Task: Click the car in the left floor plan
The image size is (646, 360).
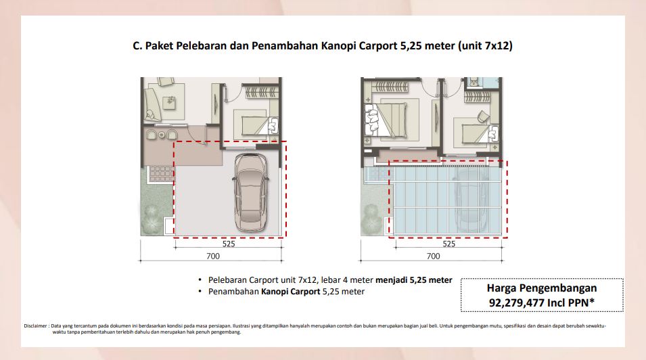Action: pyautogui.click(x=250, y=193)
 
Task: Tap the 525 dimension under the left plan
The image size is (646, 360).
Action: pyautogui.click(x=229, y=244)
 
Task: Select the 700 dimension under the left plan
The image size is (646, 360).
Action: pyautogui.click(x=213, y=256)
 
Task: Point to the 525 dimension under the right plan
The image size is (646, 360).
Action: pyautogui.click(x=449, y=244)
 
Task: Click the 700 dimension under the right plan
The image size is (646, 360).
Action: pyautogui.click(x=434, y=256)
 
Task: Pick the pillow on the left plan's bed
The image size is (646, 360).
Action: pyautogui.click(x=273, y=125)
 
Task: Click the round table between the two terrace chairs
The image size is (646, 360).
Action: pyautogui.click(x=162, y=135)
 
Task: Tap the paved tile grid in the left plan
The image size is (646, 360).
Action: pyautogui.click(x=161, y=174)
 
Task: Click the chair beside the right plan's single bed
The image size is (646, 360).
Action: pyautogui.click(x=483, y=116)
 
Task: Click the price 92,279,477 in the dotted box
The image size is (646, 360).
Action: pyautogui.click(x=517, y=302)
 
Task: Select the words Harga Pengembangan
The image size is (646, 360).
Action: pyautogui.click(x=542, y=288)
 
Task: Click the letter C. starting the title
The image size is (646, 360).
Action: pyautogui.click(x=137, y=45)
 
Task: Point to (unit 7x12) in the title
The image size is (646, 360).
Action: pyautogui.click(x=485, y=45)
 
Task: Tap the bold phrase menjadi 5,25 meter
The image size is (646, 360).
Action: pyautogui.click(x=413, y=280)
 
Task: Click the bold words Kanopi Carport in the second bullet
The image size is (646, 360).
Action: pyautogui.click(x=290, y=292)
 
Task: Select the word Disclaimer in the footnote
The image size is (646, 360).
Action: pyautogui.click(x=35, y=325)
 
